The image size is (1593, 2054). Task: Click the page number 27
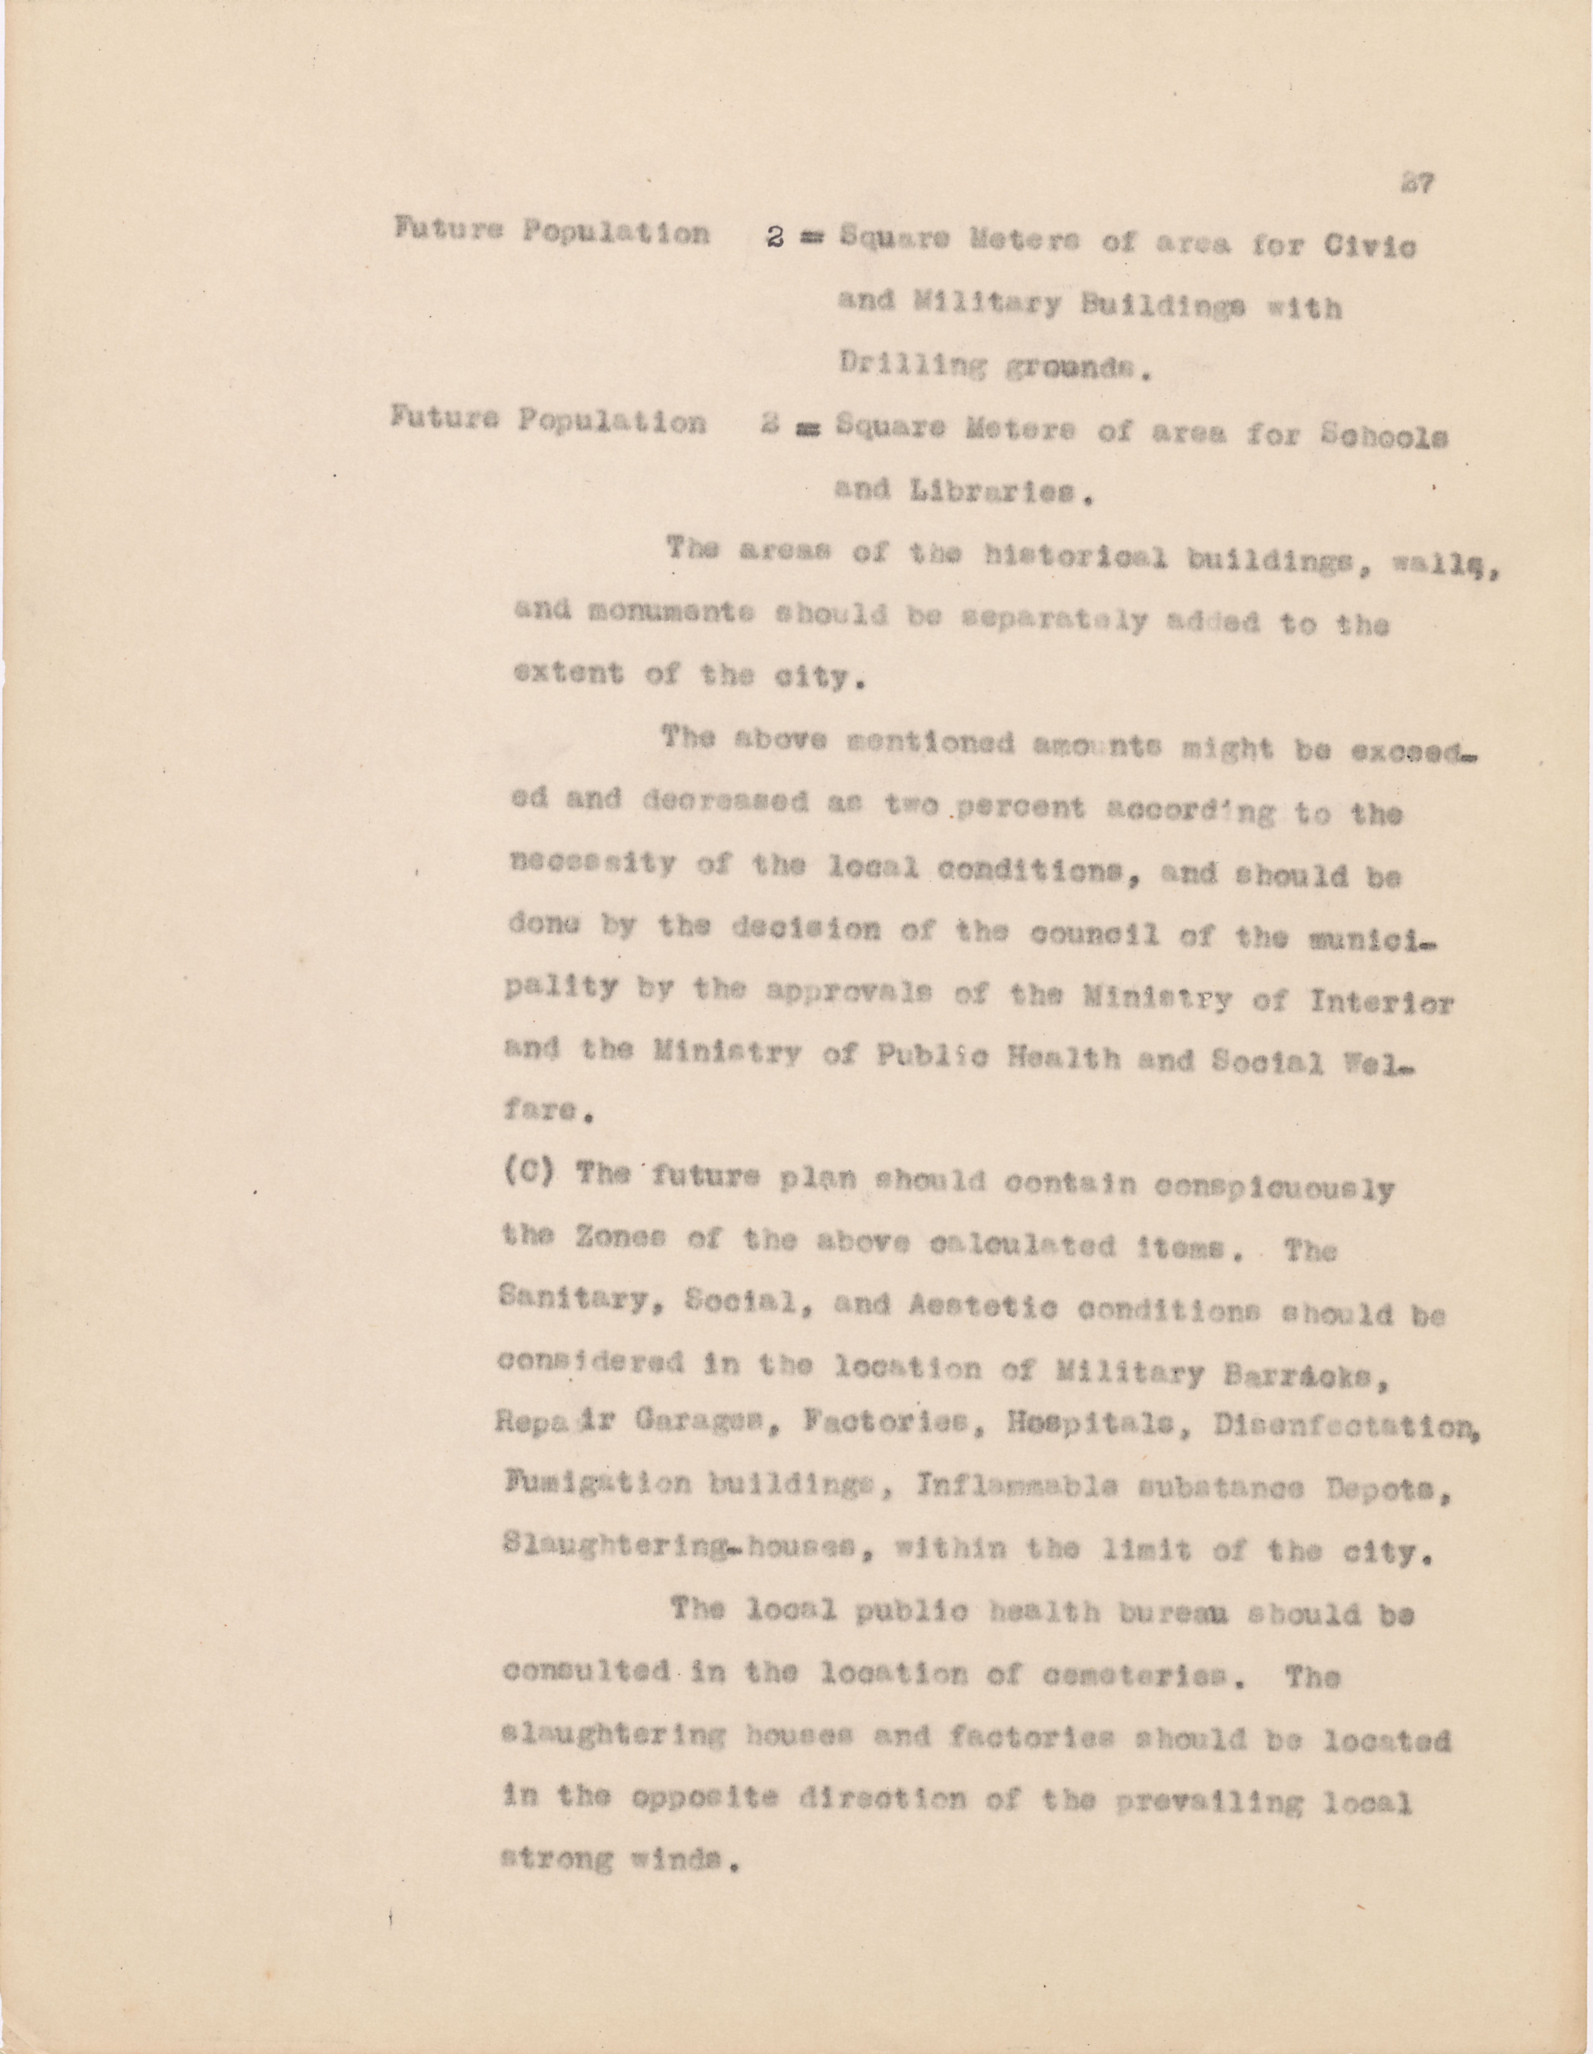[1415, 185]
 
